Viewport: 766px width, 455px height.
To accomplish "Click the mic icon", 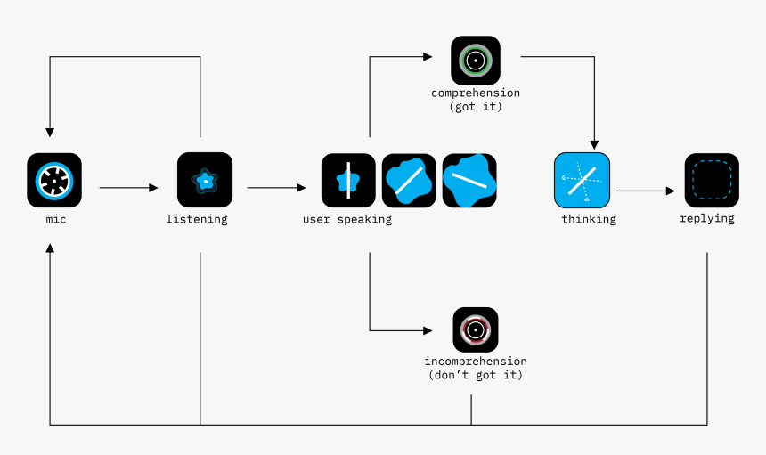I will tap(54, 181).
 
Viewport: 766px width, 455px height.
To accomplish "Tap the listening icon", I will tap(205, 180).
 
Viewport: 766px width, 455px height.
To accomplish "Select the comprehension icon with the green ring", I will tap(476, 61).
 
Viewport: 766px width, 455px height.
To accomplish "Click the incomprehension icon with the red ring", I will tap(476, 330).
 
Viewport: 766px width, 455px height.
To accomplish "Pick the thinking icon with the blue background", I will tap(583, 181).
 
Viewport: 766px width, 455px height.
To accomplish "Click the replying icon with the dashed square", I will tap(712, 181).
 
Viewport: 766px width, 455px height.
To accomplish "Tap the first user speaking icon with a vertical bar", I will tap(348, 181).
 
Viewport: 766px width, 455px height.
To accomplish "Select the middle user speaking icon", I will tap(409, 181).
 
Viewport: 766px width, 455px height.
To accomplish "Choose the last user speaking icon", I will tap(469, 181).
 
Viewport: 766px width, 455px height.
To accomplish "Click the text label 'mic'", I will tap(54, 219).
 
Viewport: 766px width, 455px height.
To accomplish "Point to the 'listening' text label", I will tap(197, 219).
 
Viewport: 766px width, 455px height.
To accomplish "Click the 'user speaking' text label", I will tap(346, 219).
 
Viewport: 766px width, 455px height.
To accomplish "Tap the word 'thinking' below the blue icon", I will tap(589, 219).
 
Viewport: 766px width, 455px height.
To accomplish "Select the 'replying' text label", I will tap(707, 218).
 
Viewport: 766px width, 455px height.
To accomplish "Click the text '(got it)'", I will tap(476, 107).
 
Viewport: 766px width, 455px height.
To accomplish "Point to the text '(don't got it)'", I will tap(476, 376).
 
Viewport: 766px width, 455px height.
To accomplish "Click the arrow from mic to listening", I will tap(128, 188).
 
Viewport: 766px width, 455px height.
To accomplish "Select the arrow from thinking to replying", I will tap(645, 191).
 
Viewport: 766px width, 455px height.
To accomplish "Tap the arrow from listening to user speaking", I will tap(276, 188).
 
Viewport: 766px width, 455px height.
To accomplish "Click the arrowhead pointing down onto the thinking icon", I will tap(594, 144).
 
